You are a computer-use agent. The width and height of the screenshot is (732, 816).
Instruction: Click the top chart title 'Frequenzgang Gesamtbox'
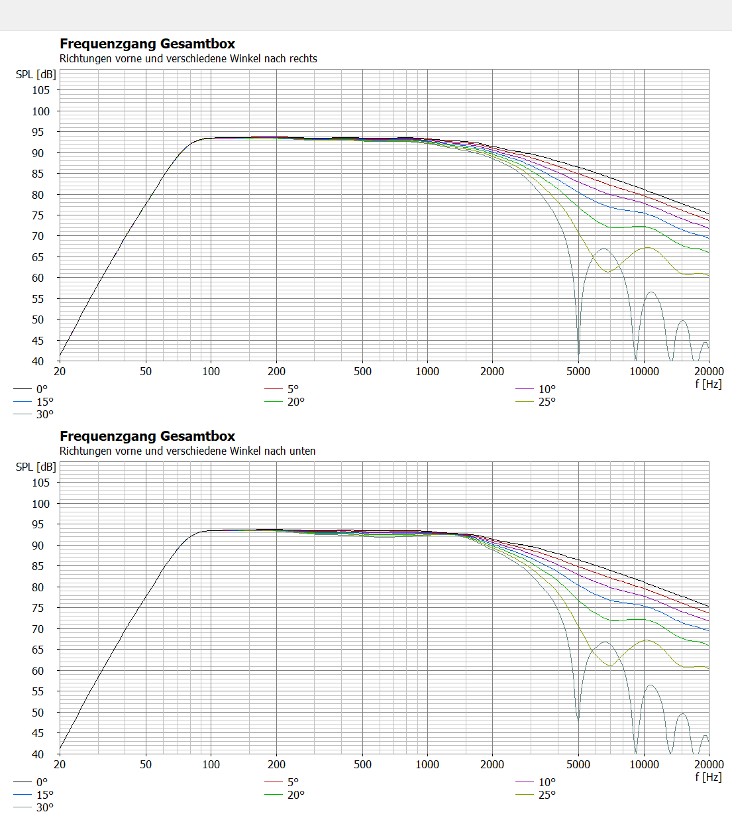147,44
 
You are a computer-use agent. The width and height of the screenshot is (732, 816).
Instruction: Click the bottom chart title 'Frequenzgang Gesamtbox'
147,436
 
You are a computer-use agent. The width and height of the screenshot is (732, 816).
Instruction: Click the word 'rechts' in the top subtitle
303,58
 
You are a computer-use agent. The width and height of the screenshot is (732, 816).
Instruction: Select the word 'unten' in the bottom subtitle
302,451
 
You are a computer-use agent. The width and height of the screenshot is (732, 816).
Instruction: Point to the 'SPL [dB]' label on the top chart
36,74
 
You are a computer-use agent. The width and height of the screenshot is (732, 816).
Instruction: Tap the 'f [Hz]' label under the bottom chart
708,776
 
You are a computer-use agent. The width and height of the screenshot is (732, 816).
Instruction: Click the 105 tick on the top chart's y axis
41,90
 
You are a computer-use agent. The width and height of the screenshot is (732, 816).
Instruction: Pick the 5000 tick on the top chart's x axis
578,371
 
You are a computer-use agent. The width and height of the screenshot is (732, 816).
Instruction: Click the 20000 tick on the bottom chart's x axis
709,764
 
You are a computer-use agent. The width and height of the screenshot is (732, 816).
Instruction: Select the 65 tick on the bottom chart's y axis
38,650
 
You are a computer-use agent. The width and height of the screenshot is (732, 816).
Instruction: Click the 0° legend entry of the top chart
42,389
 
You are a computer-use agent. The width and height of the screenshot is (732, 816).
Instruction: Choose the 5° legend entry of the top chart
293,389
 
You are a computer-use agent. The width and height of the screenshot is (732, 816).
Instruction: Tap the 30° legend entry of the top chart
44,414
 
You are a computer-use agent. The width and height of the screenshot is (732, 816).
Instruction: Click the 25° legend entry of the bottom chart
547,795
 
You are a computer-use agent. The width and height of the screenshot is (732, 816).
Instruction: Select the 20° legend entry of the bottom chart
295,795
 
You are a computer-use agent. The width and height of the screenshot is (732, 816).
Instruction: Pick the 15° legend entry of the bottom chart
44,795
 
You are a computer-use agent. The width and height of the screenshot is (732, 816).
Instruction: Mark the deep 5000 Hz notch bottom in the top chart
578,353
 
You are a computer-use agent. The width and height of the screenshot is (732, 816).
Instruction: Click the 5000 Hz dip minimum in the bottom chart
578,719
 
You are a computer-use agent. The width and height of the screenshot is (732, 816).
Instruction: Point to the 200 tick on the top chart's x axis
276,371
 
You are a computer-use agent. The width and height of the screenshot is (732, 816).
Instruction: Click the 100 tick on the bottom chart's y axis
41,504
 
